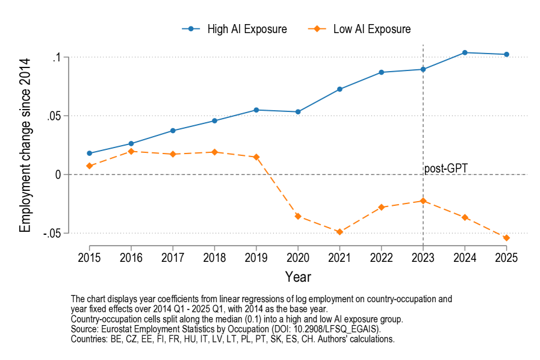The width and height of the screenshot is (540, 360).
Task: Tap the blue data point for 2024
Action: click(465, 52)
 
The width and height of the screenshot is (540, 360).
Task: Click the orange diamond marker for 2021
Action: click(340, 232)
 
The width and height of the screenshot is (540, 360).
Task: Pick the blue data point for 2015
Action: click(89, 154)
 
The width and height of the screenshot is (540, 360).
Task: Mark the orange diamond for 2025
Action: click(506, 238)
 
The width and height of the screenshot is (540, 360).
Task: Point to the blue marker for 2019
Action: click(256, 110)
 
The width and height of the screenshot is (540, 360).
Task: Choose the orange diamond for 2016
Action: click(131, 152)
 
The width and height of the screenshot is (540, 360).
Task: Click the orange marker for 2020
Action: click(297, 216)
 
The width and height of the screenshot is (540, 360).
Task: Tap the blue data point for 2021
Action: click(340, 89)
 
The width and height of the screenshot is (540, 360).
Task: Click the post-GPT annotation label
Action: click(446, 169)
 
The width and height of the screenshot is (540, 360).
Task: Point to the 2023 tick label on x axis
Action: click(423, 257)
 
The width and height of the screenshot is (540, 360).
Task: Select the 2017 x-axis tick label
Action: click(173, 257)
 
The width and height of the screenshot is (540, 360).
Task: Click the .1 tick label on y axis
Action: click(57, 58)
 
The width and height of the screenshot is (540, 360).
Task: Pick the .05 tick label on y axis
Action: click(55, 116)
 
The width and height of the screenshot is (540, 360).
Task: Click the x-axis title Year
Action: click(298, 277)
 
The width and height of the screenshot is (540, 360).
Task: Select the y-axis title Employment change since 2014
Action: click(25, 145)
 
